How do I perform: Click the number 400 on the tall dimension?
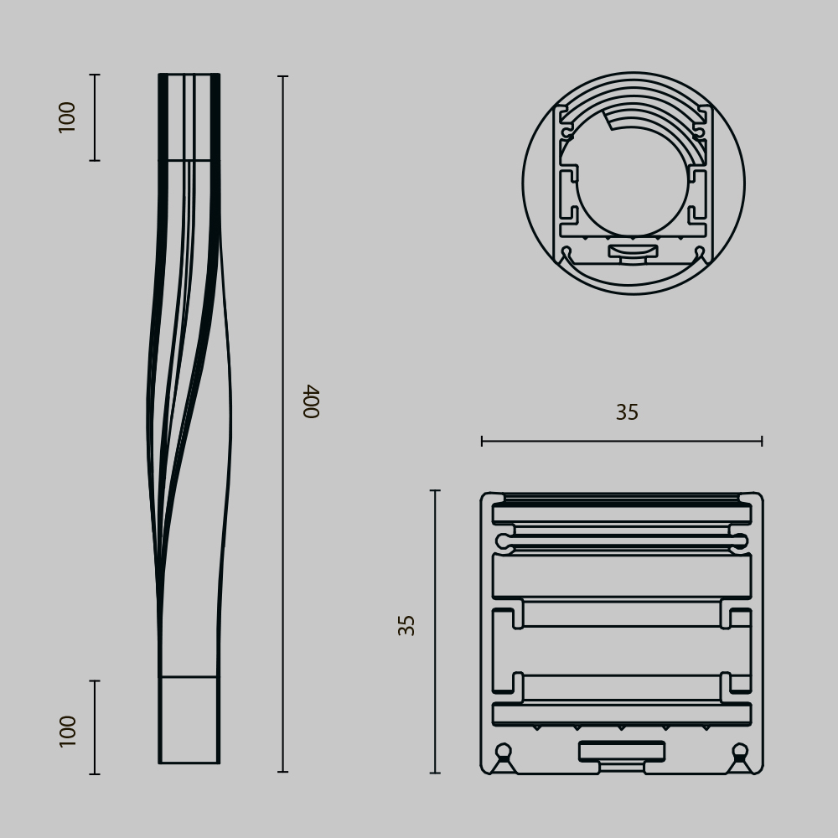pos(311,401)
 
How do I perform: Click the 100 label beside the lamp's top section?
pos(68,116)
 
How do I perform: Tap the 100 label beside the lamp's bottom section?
pos(68,730)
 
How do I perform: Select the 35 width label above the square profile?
pos(627,412)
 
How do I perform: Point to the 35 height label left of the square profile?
pos(407,625)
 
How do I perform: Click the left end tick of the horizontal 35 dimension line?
pos(482,441)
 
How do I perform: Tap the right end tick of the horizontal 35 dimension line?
pos(762,441)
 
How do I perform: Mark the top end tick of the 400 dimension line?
pos(282,76)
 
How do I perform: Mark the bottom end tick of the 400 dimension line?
pos(282,771)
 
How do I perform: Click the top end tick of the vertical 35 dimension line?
pos(435,491)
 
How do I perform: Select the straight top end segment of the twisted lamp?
pos(189,116)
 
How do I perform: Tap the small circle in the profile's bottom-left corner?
pos(503,750)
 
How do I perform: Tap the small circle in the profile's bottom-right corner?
pos(740,750)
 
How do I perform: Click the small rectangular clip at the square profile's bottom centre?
pos(622,751)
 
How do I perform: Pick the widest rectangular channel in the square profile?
pos(622,576)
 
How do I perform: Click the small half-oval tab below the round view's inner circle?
pos(633,250)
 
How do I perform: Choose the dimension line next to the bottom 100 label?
pos(95,727)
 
